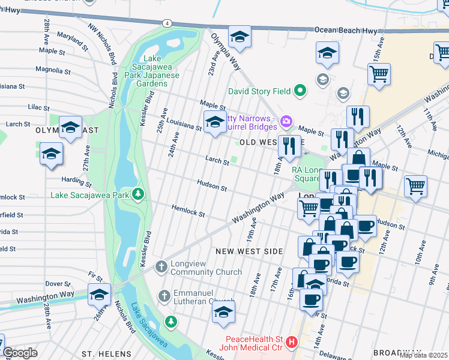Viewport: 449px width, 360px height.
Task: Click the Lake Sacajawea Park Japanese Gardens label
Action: (152, 71)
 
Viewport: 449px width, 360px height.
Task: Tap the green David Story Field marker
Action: (300, 92)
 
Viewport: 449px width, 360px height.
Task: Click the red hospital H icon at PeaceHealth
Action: (292, 343)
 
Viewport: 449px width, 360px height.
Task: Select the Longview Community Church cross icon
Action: (161, 266)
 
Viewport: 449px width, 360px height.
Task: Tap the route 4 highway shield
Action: (167, 23)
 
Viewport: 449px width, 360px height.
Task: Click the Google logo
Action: (20, 353)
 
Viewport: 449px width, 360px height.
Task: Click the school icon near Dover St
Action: (100, 293)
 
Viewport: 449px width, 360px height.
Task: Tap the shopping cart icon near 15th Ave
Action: (379, 74)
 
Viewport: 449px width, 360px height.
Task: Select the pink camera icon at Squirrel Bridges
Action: (286, 121)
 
